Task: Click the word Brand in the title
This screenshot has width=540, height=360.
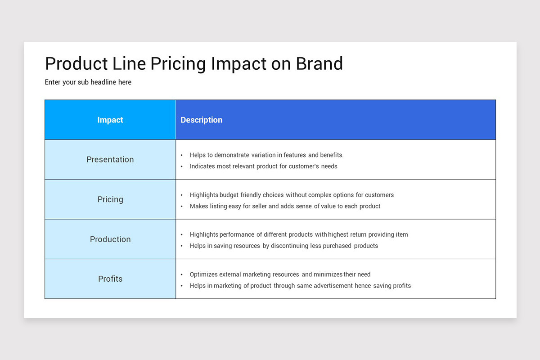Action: click(319, 63)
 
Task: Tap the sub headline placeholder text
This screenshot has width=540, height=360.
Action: click(88, 82)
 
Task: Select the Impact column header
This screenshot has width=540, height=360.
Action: click(110, 120)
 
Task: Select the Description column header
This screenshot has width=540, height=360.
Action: click(201, 120)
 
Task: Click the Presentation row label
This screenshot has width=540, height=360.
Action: click(110, 159)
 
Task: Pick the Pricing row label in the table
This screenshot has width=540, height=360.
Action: click(110, 199)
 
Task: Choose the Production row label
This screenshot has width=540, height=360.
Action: click(110, 239)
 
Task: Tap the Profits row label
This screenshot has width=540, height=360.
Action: click(110, 279)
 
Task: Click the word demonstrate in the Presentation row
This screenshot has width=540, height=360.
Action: click(231, 155)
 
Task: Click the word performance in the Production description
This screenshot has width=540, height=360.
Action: click(237, 234)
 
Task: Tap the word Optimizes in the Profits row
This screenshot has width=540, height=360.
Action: click(203, 274)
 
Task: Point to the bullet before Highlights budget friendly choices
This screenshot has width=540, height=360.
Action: click(181, 195)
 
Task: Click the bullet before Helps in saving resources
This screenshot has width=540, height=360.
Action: click(181, 246)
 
